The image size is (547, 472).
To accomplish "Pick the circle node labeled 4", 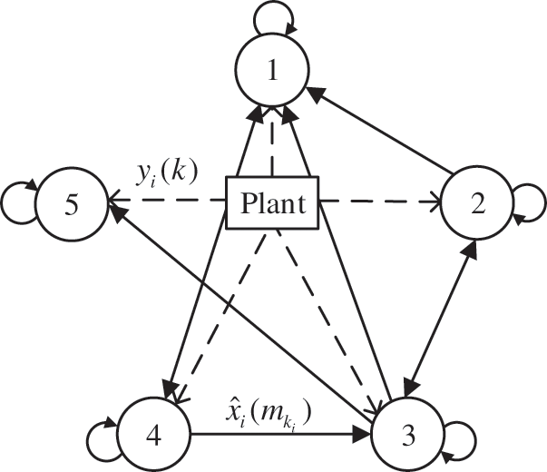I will [152, 434].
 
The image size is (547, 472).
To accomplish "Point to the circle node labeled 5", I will [70, 204].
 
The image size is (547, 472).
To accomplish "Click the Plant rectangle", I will [273, 204].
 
